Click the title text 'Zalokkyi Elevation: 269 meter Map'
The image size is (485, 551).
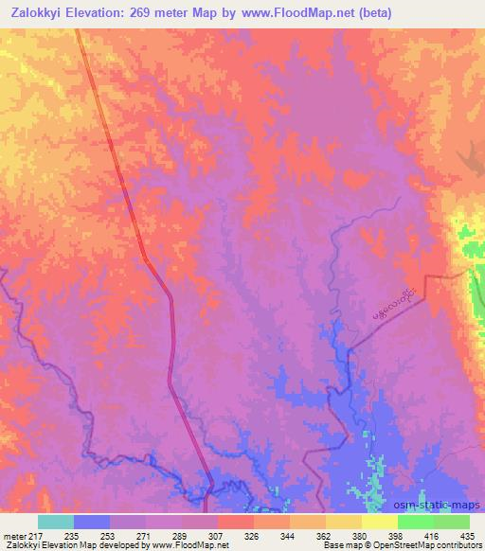click(103, 12)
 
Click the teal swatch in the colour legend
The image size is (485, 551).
click(56, 522)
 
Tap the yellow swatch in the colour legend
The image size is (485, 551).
click(380, 522)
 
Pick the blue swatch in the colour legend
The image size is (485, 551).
click(92, 522)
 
